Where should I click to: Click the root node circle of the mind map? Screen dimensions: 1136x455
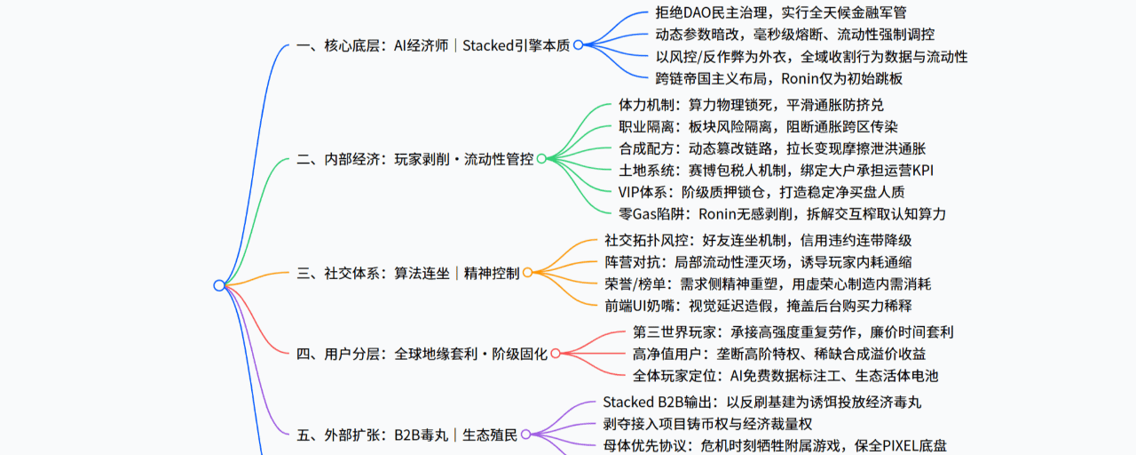[x=219, y=285]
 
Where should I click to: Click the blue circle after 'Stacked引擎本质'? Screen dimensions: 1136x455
[x=578, y=45]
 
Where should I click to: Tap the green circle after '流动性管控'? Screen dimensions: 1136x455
[x=541, y=159]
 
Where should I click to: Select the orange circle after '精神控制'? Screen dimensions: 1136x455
[x=527, y=273]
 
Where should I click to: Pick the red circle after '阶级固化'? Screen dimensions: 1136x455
[x=556, y=354]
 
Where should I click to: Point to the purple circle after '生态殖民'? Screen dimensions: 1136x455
[x=526, y=435]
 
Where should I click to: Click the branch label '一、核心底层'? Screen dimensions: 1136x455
[x=338, y=45]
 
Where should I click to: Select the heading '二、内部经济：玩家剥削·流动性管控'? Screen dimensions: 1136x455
[x=414, y=159]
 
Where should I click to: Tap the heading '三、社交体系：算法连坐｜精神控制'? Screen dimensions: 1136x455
[x=407, y=273]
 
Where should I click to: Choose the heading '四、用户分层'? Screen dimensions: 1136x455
[x=338, y=354]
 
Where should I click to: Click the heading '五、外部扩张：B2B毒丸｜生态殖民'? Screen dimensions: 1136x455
[x=406, y=435]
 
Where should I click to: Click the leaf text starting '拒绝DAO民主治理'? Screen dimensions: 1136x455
[x=780, y=12]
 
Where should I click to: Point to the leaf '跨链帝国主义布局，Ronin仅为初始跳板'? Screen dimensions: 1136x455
[x=778, y=79]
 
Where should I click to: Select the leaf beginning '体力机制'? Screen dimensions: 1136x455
[x=751, y=105]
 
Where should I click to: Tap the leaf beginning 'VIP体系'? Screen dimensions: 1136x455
[x=761, y=193]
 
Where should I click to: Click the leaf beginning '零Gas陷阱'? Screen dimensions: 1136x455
[x=782, y=214]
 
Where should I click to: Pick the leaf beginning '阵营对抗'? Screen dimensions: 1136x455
[x=758, y=262]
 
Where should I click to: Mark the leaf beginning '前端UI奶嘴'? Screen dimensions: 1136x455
[x=758, y=306]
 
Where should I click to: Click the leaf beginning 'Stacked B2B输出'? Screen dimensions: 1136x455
[x=761, y=403]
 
